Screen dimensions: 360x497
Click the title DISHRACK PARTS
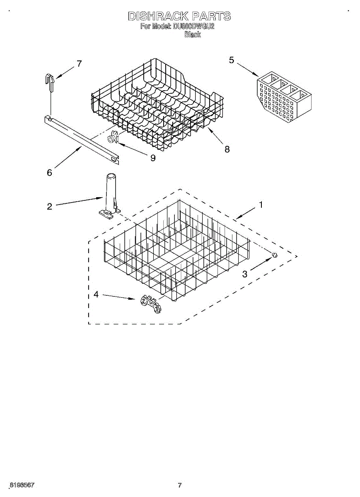(179, 17)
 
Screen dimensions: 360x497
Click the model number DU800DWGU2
(194, 27)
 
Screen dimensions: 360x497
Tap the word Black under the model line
(192, 35)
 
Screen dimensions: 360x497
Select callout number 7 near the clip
(79, 64)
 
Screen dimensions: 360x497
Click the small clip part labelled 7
(50, 81)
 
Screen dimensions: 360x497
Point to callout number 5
(231, 60)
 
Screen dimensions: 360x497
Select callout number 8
(227, 150)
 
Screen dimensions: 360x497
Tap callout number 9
(153, 158)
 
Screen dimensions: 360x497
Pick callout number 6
(49, 173)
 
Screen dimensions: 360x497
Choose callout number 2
(49, 206)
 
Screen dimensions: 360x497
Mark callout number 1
(261, 204)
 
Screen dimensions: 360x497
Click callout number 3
(245, 273)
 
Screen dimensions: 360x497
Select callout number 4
(96, 294)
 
